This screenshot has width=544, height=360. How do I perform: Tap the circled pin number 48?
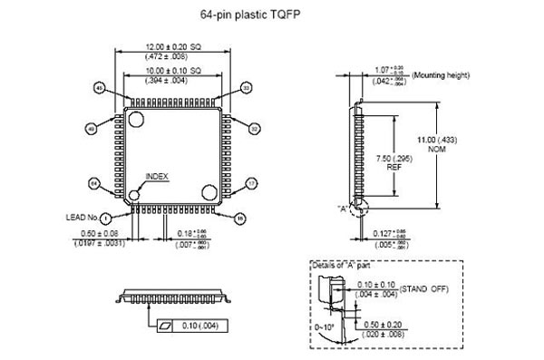tap(99, 87)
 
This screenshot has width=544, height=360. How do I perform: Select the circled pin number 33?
tap(246, 87)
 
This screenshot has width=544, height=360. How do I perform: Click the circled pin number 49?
tap(92, 129)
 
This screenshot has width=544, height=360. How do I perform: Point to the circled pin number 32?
tap(254, 129)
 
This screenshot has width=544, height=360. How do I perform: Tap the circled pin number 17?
tap(252, 182)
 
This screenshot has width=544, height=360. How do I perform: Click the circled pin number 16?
tap(240, 218)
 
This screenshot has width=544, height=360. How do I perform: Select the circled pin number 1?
tap(105, 218)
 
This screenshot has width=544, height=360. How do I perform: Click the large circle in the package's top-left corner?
tap(136, 119)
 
